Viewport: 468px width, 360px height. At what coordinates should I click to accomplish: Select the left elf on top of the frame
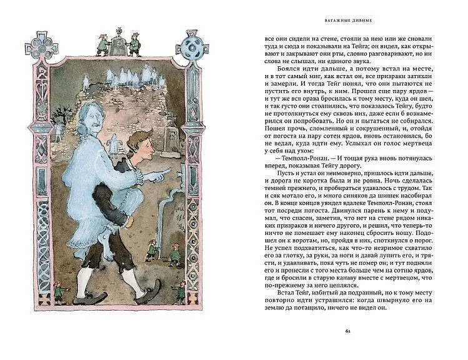click(x=100, y=44)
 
